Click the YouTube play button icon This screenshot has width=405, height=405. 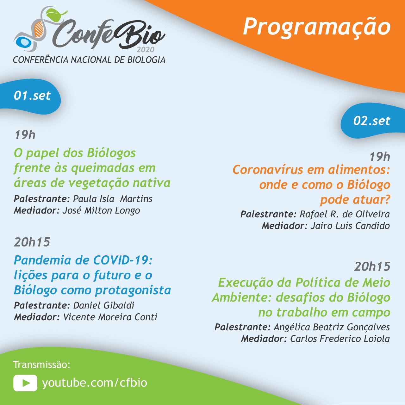click(x=25, y=383)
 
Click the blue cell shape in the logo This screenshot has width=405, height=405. click(x=23, y=43)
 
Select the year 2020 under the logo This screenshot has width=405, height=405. click(x=146, y=50)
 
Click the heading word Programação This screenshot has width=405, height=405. click(x=317, y=27)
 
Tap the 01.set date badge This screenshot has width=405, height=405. click(x=32, y=96)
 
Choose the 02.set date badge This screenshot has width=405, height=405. click(x=371, y=121)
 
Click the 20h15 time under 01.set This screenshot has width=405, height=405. click(x=32, y=242)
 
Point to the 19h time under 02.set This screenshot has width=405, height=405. click(x=380, y=157)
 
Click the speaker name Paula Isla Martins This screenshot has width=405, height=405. click(x=113, y=199)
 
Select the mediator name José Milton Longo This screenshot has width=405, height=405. click(x=101, y=210)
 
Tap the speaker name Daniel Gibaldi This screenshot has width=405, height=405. click(x=103, y=305)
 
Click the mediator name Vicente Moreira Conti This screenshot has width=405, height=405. click(x=110, y=317)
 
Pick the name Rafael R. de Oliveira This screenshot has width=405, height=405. click(x=345, y=214)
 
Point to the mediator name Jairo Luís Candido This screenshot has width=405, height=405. click(x=350, y=226)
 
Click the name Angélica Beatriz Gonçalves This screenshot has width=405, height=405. click(x=332, y=327)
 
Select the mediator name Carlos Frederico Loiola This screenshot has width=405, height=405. click(x=340, y=339)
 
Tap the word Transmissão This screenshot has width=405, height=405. click(x=41, y=364)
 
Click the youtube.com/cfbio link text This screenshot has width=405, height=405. click(x=95, y=383)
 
